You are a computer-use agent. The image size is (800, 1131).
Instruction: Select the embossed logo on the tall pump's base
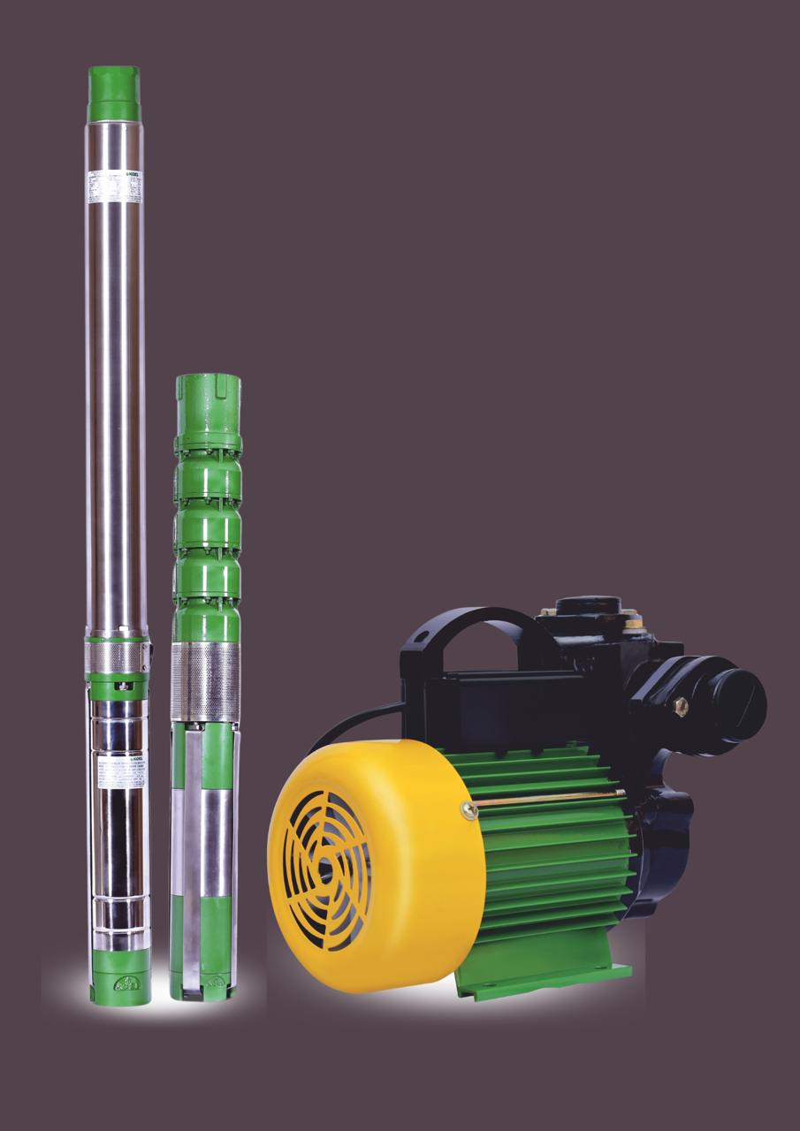pos(118,983)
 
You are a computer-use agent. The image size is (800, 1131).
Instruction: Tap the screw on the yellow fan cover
pos(469,809)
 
